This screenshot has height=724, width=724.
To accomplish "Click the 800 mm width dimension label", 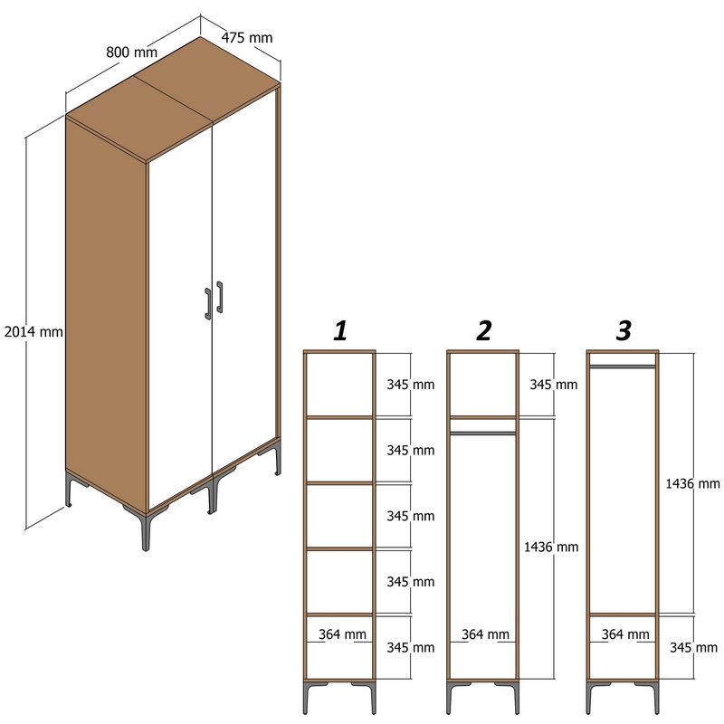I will [x=131, y=52].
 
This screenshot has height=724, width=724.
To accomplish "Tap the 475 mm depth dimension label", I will [x=247, y=38].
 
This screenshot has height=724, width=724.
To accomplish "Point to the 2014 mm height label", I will [x=33, y=332].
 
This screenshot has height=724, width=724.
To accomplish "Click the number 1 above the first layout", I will [x=340, y=331].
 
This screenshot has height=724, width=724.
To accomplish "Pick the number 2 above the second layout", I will [x=484, y=331].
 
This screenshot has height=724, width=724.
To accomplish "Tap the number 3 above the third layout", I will [x=624, y=331].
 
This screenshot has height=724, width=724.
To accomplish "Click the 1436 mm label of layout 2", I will [x=550, y=547].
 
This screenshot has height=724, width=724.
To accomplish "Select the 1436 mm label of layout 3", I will [x=692, y=484].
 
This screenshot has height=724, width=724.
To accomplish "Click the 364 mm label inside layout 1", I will [x=341, y=634].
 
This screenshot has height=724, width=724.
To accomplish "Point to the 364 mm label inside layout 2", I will [x=484, y=634].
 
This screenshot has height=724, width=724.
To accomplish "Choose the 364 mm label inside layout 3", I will [x=624, y=634].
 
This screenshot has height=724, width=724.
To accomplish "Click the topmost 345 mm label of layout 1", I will [x=410, y=385].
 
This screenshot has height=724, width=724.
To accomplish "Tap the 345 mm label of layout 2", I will [x=553, y=385].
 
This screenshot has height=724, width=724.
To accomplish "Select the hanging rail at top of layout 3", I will [x=623, y=367].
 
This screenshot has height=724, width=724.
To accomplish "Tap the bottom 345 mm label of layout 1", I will [x=410, y=648].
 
